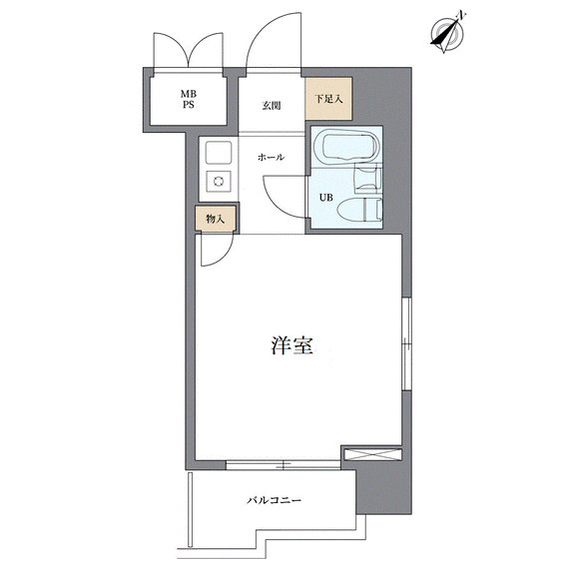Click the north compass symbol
point(447,33)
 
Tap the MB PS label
point(188,100)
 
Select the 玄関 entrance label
point(272,106)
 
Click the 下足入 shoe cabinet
point(328,98)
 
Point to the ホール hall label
point(271,158)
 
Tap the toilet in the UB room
point(359,210)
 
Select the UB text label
point(326,198)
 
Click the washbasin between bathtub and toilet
point(367,179)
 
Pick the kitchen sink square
point(219,153)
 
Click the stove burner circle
point(219,181)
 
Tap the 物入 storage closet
point(215,219)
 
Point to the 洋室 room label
point(292,345)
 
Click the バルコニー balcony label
point(274,500)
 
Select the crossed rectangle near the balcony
point(372,453)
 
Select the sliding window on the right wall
point(406,343)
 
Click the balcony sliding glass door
point(283,465)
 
